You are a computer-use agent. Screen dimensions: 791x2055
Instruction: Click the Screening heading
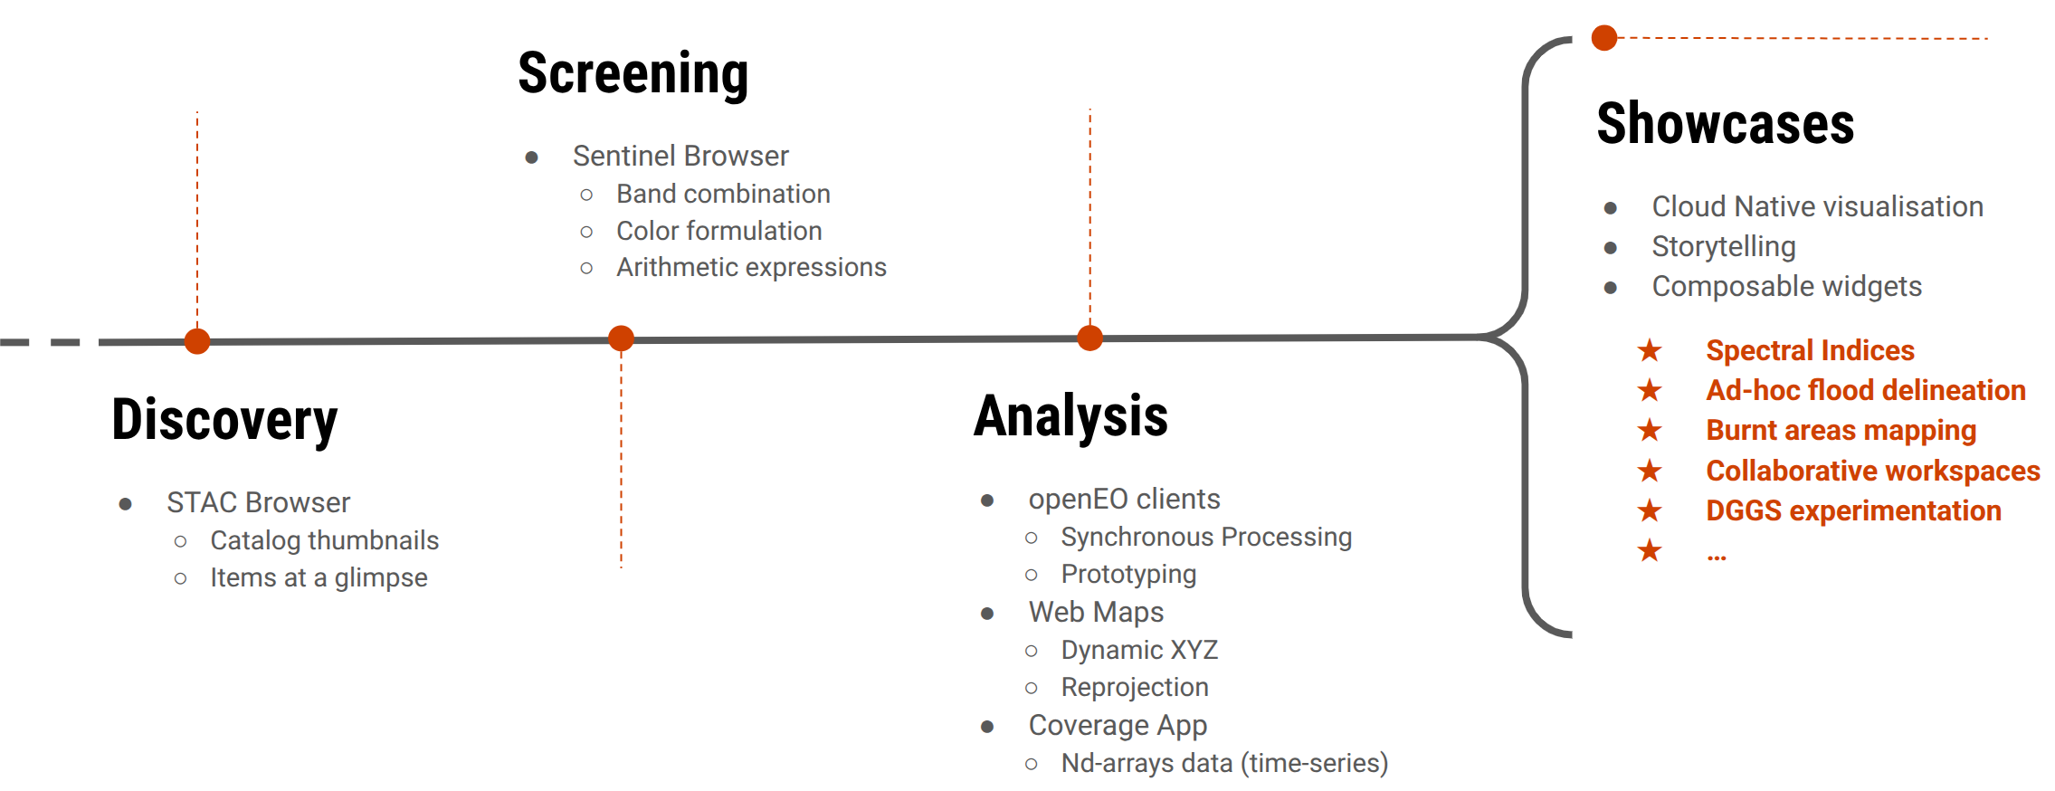(x=633, y=73)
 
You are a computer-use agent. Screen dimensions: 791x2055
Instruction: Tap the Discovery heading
(x=224, y=420)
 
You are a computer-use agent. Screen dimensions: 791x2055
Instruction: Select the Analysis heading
(x=1070, y=416)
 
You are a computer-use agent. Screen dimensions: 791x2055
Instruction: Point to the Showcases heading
(x=1725, y=124)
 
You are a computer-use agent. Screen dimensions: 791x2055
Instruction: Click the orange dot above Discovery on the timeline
(x=197, y=341)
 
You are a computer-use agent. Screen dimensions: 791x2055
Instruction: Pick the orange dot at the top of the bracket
(x=1604, y=38)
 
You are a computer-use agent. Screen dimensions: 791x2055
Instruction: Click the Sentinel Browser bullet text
(x=680, y=156)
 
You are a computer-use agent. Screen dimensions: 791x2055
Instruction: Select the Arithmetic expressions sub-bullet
(x=751, y=267)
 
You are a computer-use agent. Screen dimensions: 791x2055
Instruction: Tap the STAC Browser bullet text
(x=258, y=502)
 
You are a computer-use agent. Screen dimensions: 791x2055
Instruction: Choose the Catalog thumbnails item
(x=324, y=540)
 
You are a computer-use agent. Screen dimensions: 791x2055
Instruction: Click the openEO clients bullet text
(x=1124, y=499)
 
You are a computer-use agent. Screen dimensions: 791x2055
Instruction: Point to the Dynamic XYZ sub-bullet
(x=1139, y=650)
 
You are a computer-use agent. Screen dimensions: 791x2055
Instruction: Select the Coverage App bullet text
(x=1118, y=725)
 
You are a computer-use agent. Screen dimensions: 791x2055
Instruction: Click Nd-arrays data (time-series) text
(x=1224, y=763)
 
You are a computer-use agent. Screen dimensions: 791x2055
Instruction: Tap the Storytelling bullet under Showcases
(x=1723, y=246)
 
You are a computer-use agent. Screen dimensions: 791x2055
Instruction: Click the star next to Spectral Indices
(x=1650, y=350)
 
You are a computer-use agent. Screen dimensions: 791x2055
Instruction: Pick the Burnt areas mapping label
(x=1841, y=430)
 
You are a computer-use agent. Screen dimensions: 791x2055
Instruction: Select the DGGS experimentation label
(x=1853, y=510)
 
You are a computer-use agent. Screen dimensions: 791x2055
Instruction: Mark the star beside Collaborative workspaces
(x=1650, y=471)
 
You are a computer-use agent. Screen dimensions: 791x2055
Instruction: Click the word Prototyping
(x=1128, y=574)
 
